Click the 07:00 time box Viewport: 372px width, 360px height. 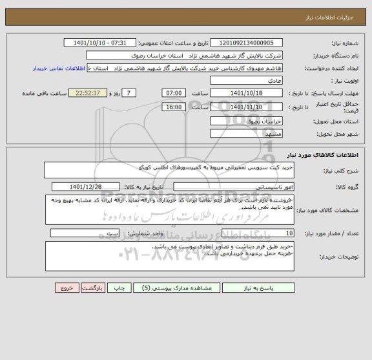(173, 93)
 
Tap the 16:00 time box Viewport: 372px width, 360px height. (173, 107)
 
